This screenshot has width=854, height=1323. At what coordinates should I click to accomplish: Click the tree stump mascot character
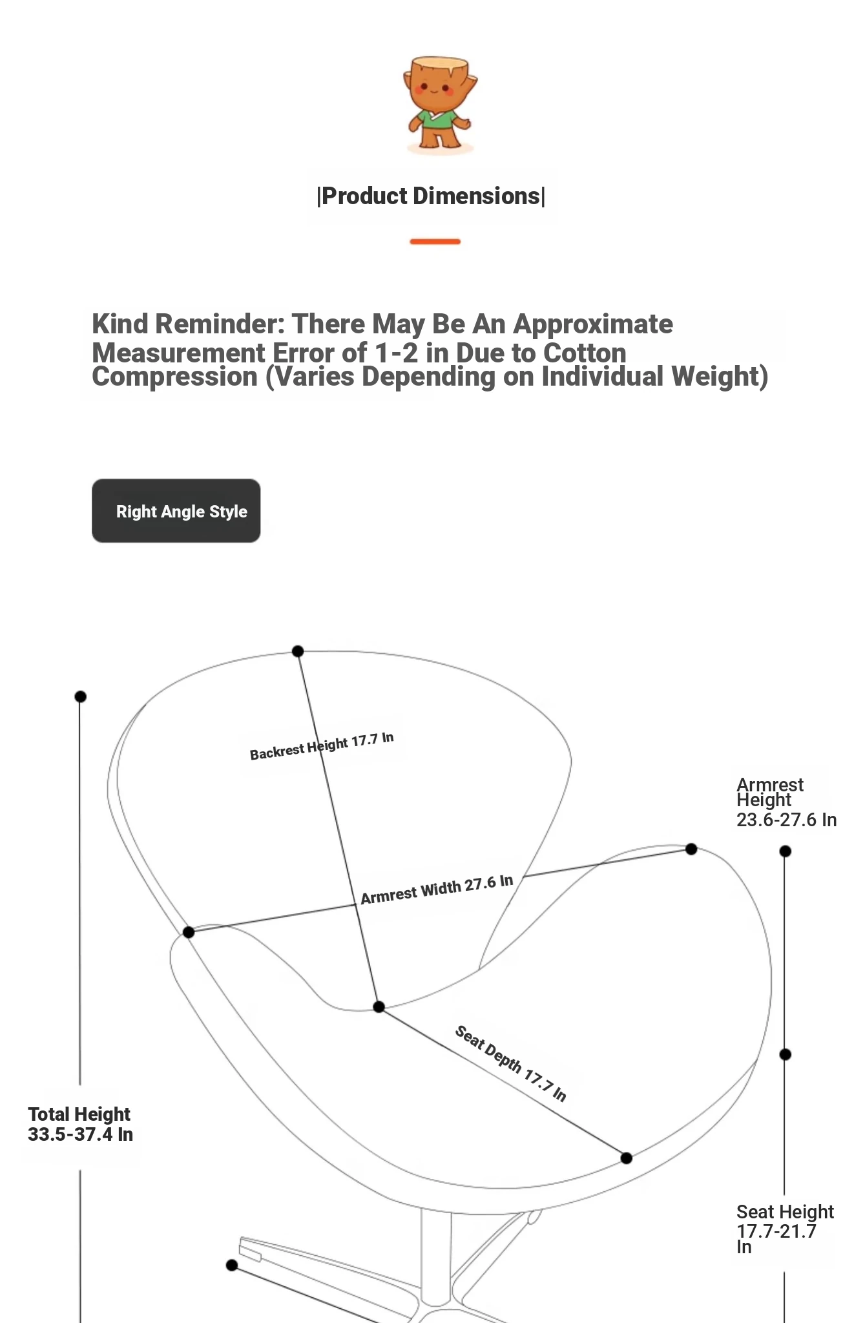[439, 104]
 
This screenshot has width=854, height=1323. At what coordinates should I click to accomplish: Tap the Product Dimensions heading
[431, 196]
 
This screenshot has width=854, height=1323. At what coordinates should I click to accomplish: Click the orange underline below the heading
[435, 242]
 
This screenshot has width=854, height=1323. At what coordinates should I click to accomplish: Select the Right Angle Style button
[176, 511]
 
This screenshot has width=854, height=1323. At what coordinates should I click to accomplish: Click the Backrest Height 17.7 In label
[322, 746]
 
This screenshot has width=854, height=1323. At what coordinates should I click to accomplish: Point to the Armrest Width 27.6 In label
[437, 890]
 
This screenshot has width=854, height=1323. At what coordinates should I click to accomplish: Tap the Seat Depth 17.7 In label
[510, 1063]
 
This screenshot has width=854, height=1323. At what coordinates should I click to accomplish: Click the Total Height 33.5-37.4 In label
[80, 1125]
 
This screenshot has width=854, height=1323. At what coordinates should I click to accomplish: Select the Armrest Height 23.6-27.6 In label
[786, 802]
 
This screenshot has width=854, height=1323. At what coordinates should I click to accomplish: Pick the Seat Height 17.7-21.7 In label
[784, 1229]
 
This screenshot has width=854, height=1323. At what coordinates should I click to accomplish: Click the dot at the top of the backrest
[298, 651]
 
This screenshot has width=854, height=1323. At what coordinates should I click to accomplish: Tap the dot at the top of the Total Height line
[80, 696]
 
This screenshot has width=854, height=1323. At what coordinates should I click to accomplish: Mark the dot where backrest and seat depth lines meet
[379, 1006]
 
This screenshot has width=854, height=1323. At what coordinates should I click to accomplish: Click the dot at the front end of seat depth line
[626, 1158]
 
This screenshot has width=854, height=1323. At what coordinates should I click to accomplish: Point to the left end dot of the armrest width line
[189, 932]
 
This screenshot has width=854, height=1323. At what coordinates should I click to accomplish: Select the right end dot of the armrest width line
[691, 849]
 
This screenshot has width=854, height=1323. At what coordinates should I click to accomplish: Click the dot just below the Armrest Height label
[785, 851]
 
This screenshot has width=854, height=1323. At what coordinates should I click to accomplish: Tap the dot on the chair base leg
[232, 1265]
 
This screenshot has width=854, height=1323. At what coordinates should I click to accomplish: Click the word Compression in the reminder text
[174, 377]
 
